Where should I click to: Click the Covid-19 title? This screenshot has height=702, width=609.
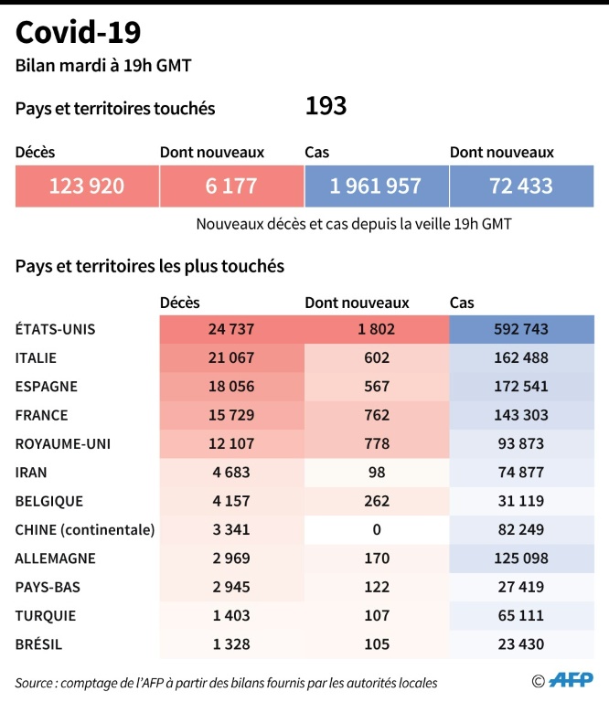[x=79, y=34]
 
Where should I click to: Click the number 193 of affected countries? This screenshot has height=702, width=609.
[x=326, y=107]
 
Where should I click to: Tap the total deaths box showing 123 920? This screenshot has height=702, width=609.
[x=87, y=186]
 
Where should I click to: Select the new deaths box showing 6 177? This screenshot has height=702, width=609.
[x=230, y=186]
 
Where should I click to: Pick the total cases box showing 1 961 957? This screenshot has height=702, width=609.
[x=376, y=186]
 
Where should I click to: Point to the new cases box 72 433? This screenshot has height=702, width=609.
[x=521, y=186]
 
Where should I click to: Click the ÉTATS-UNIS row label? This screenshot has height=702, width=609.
[x=55, y=329]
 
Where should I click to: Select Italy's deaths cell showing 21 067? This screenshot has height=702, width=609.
[x=230, y=357]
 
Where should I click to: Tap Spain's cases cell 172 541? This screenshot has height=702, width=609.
[x=521, y=386]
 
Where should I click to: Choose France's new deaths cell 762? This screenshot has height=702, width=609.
[x=376, y=415]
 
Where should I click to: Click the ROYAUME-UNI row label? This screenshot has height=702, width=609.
[x=62, y=443]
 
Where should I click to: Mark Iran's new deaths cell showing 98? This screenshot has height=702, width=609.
[x=376, y=472]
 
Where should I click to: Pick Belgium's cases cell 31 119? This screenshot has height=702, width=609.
[x=521, y=501]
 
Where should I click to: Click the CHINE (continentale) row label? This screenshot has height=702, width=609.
[x=85, y=529]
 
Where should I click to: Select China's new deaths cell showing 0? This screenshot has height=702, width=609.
[x=376, y=529]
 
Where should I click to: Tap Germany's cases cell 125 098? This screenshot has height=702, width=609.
[x=521, y=558]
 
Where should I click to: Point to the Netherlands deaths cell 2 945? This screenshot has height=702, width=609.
[x=230, y=587]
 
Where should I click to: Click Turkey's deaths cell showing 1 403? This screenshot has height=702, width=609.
[x=230, y=615]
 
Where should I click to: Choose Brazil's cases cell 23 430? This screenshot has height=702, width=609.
[x=521, y=643]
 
